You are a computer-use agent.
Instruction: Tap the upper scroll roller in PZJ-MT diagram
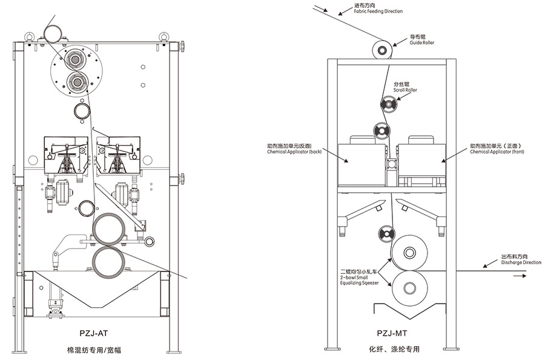[x=388, y=105]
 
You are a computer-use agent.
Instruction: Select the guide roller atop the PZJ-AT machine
[x=53, y=32]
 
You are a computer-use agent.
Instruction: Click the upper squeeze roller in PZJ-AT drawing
[x=110, y=228]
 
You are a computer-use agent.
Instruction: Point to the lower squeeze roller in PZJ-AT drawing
[x=110, y=261]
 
